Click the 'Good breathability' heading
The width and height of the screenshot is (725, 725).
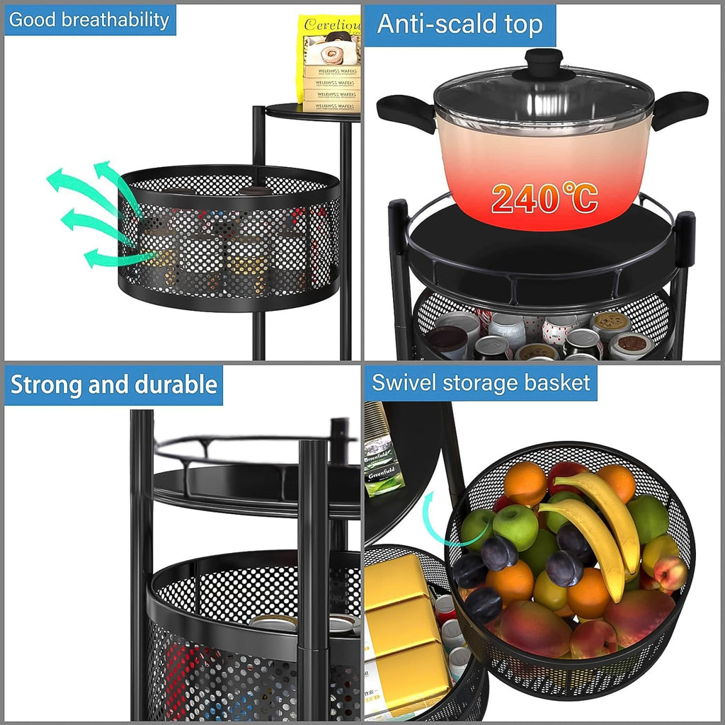(x=90, y=20)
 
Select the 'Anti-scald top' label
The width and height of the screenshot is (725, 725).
(x=459, y=25)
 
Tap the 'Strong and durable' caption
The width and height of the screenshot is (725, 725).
(x=113, y=385)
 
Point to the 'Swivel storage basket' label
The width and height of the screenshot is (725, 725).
(x=481, y=383)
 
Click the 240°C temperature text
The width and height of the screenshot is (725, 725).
(x=544, y=199)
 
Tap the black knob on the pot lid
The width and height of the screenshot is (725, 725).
(x=543, y=62)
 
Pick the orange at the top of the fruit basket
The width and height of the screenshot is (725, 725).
(x=525, y=483)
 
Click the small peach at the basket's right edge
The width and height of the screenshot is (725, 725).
(x=670, y=573)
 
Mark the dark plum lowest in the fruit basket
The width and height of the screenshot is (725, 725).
(x=483, y=604)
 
